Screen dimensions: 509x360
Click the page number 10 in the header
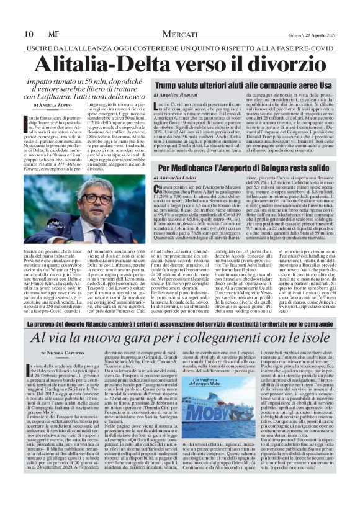(x=11, y=17)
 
